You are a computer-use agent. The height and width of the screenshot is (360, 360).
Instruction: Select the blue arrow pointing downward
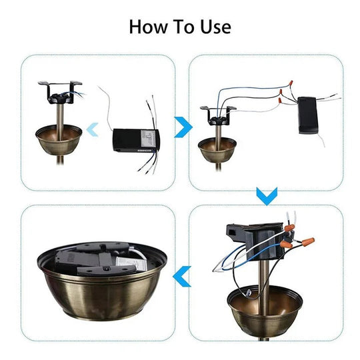(267, 195)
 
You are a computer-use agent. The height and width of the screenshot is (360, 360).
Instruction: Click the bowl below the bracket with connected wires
(217, 150)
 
